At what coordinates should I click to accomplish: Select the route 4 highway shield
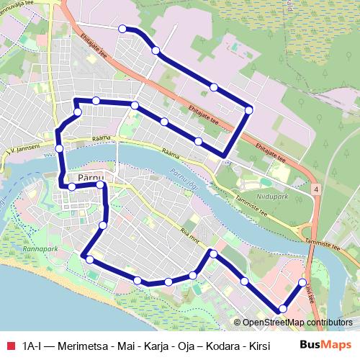point(315,188)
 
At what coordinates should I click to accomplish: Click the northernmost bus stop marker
point(122,29)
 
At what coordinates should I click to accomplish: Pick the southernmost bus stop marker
point(282,309)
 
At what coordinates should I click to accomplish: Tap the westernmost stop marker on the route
point(59,148)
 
